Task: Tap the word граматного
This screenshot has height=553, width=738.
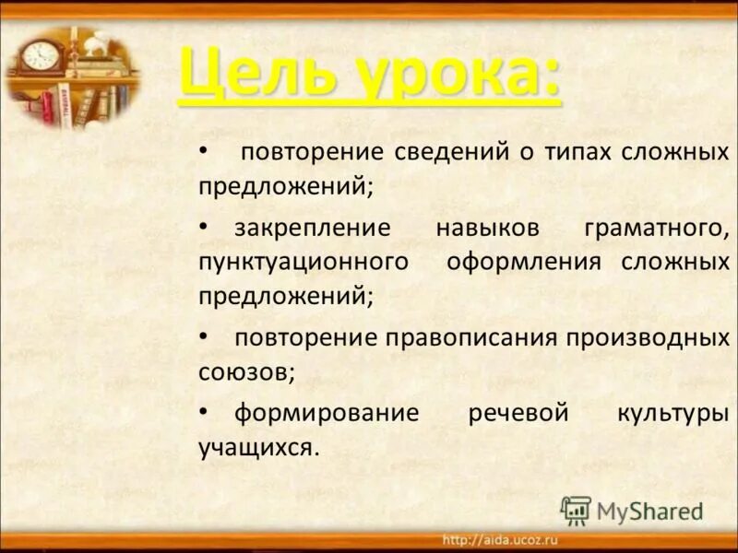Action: [x=657, y=227]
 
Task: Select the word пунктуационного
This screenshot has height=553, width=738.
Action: [x=303, y=262]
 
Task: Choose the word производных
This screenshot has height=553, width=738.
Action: [x=649, y=337]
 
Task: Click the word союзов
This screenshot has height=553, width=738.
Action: [x=245, y=372]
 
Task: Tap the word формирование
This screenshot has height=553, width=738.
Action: [x=326, y=413]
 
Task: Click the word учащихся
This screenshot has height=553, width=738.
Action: [x=257, y=448]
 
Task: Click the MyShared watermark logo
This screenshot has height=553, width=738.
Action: [x=632, y=511]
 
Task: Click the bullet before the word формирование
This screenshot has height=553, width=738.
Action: [x=203, y=413]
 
